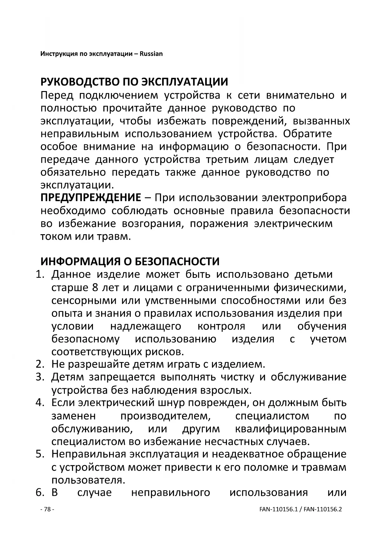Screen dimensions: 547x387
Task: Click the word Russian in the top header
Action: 151,54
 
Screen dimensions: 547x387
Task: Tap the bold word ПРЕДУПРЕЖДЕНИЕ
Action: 91,198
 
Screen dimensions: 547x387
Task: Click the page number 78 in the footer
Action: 47,509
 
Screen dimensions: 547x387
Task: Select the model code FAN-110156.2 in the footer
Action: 323,509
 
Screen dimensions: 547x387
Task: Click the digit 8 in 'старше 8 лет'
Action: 95,287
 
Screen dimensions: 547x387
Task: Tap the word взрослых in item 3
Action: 225,390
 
